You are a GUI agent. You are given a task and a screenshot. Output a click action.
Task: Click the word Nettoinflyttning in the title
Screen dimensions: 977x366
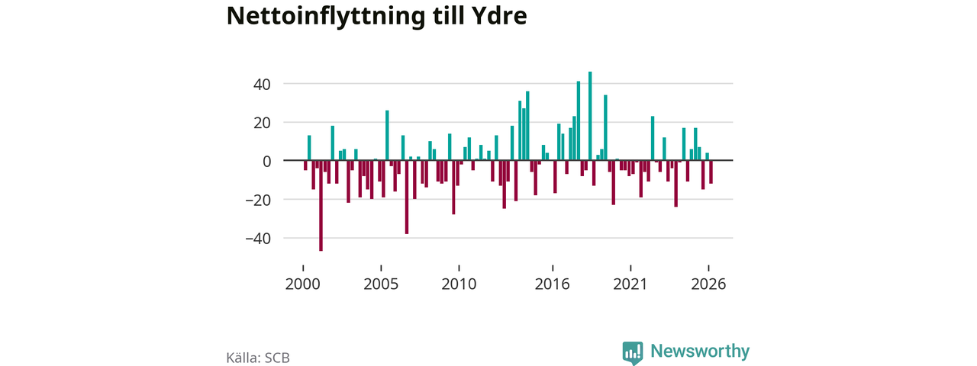[325, 16]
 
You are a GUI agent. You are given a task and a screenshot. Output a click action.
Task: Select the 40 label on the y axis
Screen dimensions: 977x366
[262, 85]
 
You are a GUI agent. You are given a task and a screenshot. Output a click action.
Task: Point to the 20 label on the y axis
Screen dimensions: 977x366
[262, 124]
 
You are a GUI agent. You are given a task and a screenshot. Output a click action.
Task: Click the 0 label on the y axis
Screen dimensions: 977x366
[267, 162]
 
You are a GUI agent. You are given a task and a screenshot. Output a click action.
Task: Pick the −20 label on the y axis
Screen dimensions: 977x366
[258, 201]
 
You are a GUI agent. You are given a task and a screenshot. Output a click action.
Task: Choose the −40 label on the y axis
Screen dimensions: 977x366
[258, 239]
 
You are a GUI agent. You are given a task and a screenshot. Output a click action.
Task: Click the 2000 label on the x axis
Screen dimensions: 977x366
[303, 284]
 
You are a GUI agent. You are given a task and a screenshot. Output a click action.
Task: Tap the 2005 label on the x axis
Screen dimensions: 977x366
[381, 284]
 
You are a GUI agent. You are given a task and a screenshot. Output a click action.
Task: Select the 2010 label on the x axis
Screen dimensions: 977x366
[459, 284]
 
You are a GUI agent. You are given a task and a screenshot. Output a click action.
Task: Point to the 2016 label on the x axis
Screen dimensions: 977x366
[552, 284]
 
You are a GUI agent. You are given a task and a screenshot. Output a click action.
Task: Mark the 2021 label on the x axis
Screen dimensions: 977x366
[630, 284]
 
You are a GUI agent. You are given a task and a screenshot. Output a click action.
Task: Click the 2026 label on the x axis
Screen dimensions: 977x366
[708, 284]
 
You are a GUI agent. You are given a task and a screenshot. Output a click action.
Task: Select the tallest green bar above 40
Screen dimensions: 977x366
[590, 116]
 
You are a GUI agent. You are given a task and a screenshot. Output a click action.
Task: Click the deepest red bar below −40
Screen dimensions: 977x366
[321, 206]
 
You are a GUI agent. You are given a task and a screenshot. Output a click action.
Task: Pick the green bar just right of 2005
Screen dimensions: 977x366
[387, 136]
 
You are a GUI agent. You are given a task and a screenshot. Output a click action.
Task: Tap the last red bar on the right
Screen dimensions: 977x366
[711, 172]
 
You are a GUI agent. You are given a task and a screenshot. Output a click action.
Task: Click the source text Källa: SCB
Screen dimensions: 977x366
[258, 358]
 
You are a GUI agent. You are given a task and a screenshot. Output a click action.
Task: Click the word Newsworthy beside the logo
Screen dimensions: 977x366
[700, 351]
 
